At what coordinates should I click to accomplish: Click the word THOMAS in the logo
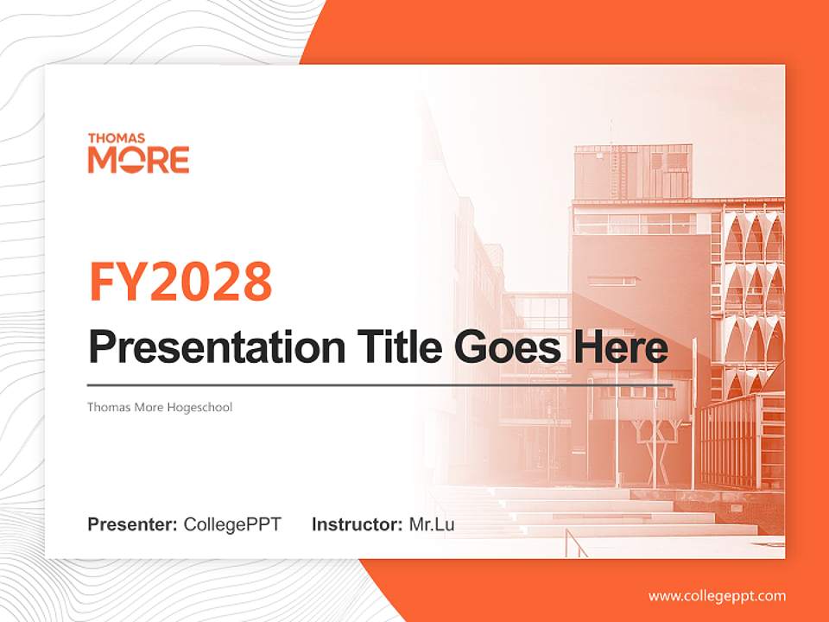pyautogui.click(x=117, y=138)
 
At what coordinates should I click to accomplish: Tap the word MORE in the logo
pyautogui.click(x=138, y=160)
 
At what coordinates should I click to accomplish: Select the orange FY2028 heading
pyautogui.click(x=180, y=282)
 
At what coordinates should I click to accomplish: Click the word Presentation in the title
pyautogui.click(x=217, y=347)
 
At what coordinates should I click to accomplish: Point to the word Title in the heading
pyautogui.click(x=400, y=346)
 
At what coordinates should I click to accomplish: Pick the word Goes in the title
pyautogui.click(x=508, y=347)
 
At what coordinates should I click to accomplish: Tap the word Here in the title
pyautogui.click(x=621, y=346)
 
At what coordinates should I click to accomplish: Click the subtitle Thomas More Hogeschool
pyautogui.click(x=160, y=407)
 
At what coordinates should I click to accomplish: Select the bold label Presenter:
pyautogui.click(x=132, y=524)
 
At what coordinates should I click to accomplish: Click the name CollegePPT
pyautogui.click(x=232, y=524)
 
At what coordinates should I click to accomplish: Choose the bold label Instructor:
pyautogui.click(x=358, y=524)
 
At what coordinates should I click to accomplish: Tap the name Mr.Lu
pyautogui.click(x=432, y=524)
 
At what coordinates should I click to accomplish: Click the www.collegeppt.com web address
pyautogui.click(x=717, y=597)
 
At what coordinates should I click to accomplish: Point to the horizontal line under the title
pyautogui.click(x=380, y=385)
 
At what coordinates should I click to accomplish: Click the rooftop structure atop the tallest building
pyautogui.click(x=633, y=171)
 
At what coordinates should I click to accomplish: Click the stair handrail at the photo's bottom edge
pyautogui.click(x=576, y=543)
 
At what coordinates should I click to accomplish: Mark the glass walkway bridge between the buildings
pyautogui.click(x=536, y=311)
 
